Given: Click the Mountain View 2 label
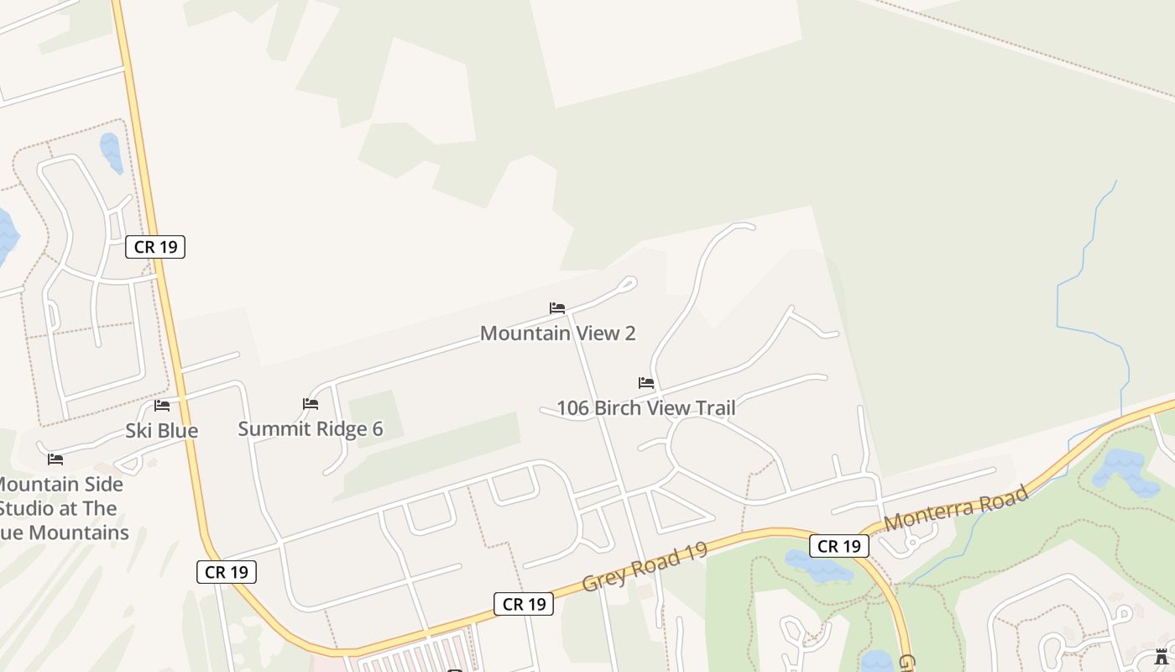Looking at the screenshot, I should click(x=557, y=333).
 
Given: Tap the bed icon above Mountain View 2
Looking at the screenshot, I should click(x=557, y=308).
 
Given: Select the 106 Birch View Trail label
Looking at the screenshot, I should click(x=645, y=408).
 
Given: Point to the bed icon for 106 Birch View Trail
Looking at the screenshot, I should click(x=646, y=383).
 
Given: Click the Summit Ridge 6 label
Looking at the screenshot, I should click(x=311, y=429).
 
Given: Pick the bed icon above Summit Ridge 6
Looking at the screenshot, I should click(x=311, y=404).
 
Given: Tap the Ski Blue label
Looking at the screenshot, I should click(x=162, y=431).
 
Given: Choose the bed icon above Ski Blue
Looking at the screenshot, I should click(x=162, y=406).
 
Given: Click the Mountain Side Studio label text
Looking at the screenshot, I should click(x=63, y=508).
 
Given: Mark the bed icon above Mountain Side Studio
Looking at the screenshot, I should click(x=55, y=459).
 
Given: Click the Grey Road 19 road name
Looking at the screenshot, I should click(x=645, y=566).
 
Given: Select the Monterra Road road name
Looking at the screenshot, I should click(x=956, y=507).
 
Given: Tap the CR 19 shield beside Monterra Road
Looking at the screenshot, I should click(x=839, y=546).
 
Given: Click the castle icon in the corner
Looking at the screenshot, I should click(x=1162, y=656).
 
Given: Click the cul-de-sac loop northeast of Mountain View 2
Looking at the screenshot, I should click(x=627, y=284).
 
